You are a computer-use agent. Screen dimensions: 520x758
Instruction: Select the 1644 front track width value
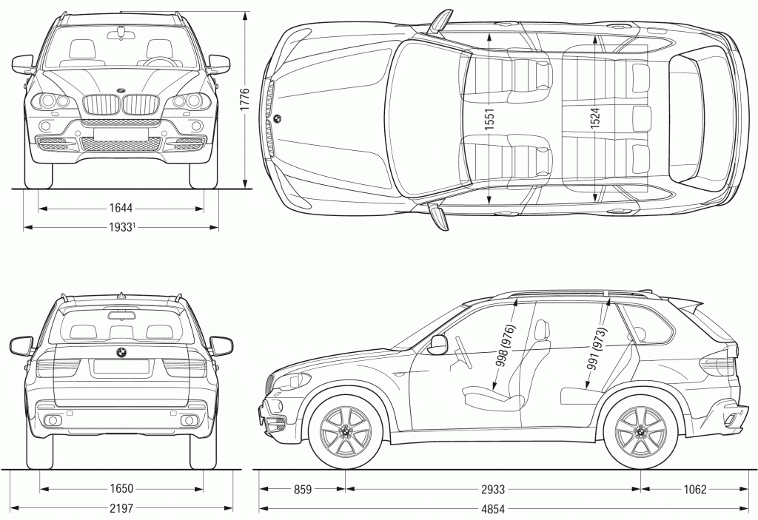click(x=121, y=209)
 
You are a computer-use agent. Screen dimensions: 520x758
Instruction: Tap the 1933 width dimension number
click(x=120, y=227)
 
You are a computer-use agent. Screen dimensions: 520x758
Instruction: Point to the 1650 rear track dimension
click(x=121, y=489)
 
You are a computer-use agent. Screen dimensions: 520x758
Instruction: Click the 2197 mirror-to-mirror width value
click(x=121, y=507)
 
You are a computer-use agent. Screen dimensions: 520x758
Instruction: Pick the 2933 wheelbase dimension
click(x=492, y=489)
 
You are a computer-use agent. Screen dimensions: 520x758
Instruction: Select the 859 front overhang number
click(x=302, y=489)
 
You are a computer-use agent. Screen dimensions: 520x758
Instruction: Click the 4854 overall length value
click(x=492, y=507)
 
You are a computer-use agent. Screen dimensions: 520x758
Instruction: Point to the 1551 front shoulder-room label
click(x=490, y=120)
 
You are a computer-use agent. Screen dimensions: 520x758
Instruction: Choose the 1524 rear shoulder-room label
click(x=595, y=120)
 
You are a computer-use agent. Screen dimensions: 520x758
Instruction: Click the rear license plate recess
click(x=121, y=366)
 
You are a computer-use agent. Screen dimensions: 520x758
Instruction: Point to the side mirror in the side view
click(x=437, y=345)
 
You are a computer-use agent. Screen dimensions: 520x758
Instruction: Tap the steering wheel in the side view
click(x=463, y=352)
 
